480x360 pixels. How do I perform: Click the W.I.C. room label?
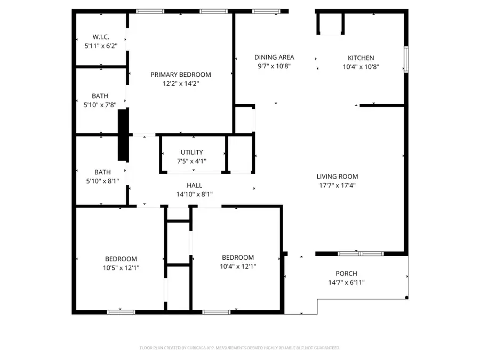tap(101, 37)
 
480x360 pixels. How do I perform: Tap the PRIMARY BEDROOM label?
tap(181, 75)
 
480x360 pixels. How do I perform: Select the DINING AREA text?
tap(274, 57)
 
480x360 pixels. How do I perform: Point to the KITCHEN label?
tap(361, 58)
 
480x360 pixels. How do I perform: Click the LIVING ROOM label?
tap(338, 177)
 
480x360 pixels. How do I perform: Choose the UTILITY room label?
tap(191, 153)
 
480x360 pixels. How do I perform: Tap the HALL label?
tap(194, 186)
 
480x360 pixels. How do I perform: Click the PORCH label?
tap(347, 274)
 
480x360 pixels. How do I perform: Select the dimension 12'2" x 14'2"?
tap(181, 84)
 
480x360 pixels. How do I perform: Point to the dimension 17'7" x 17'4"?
tap(338, 186)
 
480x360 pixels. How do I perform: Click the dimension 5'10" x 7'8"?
tap(100, 105)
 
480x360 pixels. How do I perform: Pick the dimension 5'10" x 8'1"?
tap(102, 181)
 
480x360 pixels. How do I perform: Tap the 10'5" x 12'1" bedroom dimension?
tap(121, 268)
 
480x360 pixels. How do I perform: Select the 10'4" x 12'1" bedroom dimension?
tap(238, 267)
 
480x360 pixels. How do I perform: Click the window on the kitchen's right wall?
tap(406, 59)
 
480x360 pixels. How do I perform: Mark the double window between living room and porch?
tap(361, 253)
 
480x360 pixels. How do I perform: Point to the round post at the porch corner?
tap(407, 298)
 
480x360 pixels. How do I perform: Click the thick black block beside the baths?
tap(123, 135)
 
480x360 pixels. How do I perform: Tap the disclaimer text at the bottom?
tap(240, 348)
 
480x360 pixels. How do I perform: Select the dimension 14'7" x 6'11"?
tap(347, 283)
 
